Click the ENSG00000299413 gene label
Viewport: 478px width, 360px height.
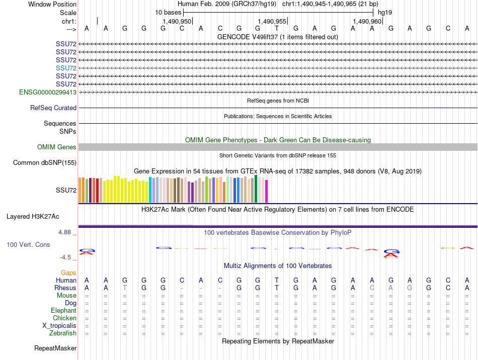[x=48, y=93]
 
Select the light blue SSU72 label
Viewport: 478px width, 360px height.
[x=66, y=68]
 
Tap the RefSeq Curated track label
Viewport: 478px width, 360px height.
[x=53, y=108]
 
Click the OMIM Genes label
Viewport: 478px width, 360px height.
[x=57, y=147]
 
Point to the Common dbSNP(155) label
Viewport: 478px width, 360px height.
[x=45, y=163]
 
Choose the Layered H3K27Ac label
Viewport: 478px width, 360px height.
[x=33, y=217]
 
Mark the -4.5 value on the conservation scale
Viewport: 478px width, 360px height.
[x=66, y=257]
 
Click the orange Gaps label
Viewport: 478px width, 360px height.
[x=68, y=273]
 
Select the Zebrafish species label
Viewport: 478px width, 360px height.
[x=63, y=333]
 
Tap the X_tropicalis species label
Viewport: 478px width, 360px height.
[x=59, y=326]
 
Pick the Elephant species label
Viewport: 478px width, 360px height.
[x=63, y=311]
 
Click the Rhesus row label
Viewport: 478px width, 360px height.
[x=65, y=288]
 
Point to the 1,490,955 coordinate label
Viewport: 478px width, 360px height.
[x=272, y=22]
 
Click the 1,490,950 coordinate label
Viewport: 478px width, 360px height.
[x=177, y=22]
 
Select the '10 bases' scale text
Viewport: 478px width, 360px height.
[x=168, y=12]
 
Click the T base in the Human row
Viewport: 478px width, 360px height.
[x=277, y=281]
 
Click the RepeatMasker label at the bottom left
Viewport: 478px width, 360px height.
[x=55, y=348]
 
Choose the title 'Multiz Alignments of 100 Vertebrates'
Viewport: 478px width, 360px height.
[x=278, y=265]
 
